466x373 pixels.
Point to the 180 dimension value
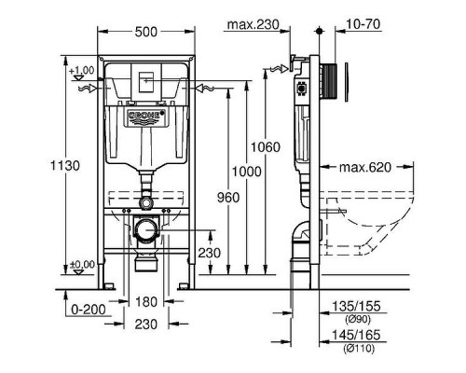pyautogui.click(x=145, y=301)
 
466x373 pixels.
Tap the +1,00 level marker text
pyautogui.click(x=83, y=71)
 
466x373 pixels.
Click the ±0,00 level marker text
pyautogui.click(x=83, y=264)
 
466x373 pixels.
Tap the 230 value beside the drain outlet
pyautogui.click(x=210, y=252)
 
